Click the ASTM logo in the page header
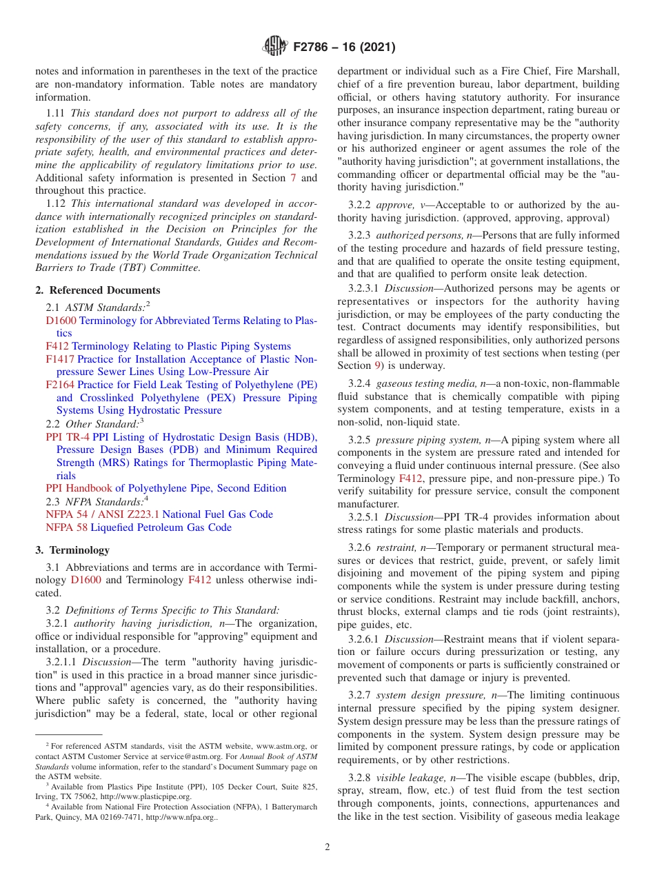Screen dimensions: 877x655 (x=276, y=47)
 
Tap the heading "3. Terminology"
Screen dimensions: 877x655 (x=72, y=550)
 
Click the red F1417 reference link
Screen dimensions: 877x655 (x=60, y=359)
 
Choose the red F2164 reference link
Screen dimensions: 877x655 (x=60, y=385)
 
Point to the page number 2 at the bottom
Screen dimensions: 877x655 (x=327, y=847)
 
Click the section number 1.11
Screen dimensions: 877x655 (x=56, y=113)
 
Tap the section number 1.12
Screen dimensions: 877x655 (x=56, y=203)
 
